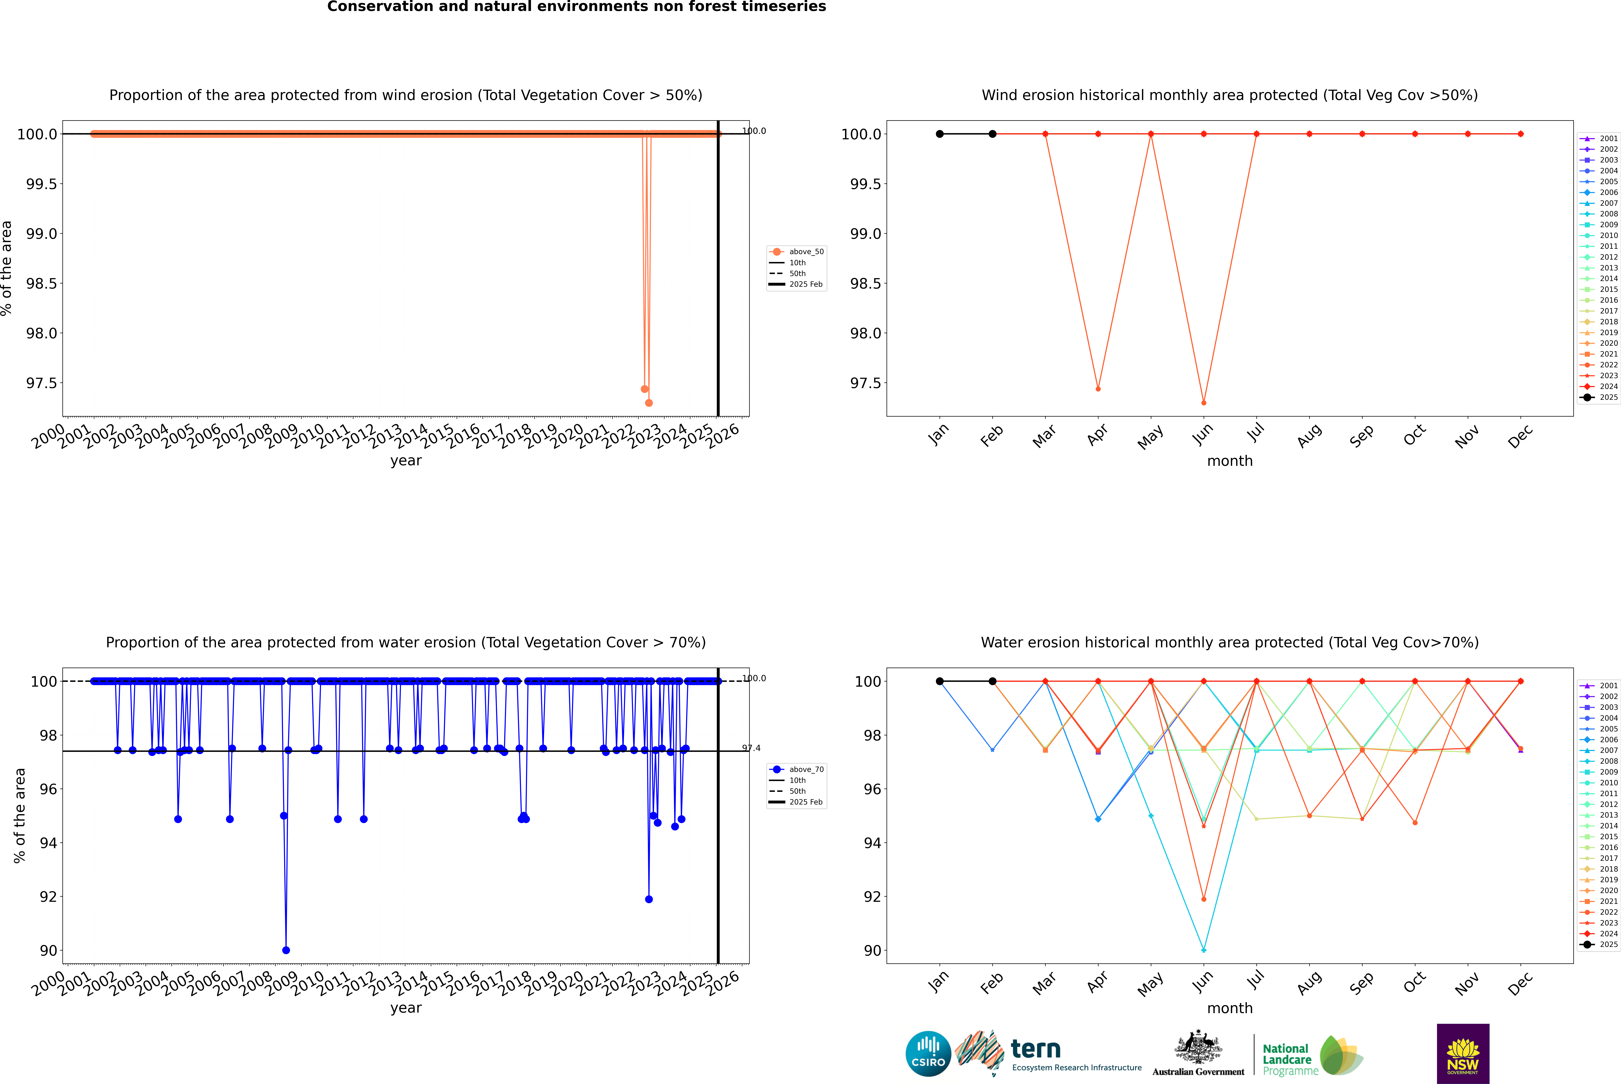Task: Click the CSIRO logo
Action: pos(928,1054)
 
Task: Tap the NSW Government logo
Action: pos(1463,1054)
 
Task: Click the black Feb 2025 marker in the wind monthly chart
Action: pos(992,134)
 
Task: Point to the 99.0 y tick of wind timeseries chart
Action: pos(41,234)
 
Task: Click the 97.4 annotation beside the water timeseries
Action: pos(751,748)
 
